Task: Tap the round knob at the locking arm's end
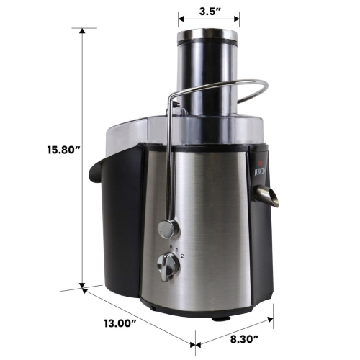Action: coord(168,230)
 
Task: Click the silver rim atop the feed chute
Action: coord(208,33)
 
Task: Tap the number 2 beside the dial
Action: coord(183,256)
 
